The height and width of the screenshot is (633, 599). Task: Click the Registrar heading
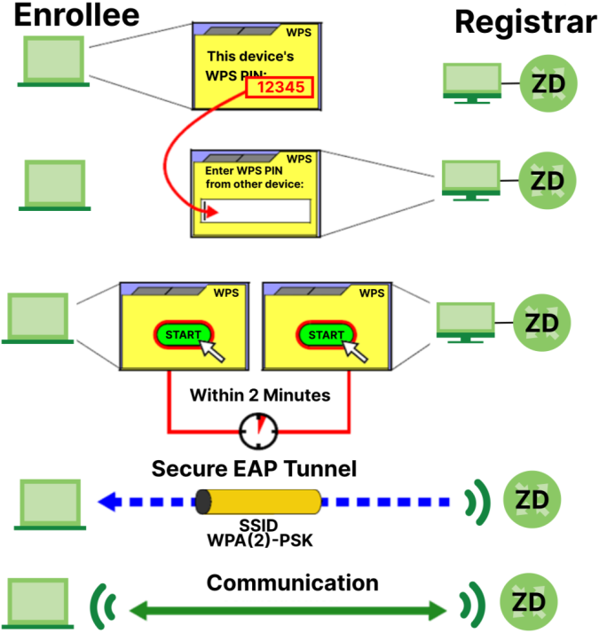click(x=524, y=22)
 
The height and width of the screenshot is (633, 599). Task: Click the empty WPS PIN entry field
click(x=256, y=211)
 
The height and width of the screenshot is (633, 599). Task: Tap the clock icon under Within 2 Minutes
click(x=259, y=432)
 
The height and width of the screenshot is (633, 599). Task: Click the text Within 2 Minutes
click(x=259, y=395)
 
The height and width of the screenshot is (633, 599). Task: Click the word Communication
click(x=293, y=582)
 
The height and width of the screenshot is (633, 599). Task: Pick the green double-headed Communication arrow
click(x=289, y=609)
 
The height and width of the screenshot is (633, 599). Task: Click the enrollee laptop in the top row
click(x=51, y=62)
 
